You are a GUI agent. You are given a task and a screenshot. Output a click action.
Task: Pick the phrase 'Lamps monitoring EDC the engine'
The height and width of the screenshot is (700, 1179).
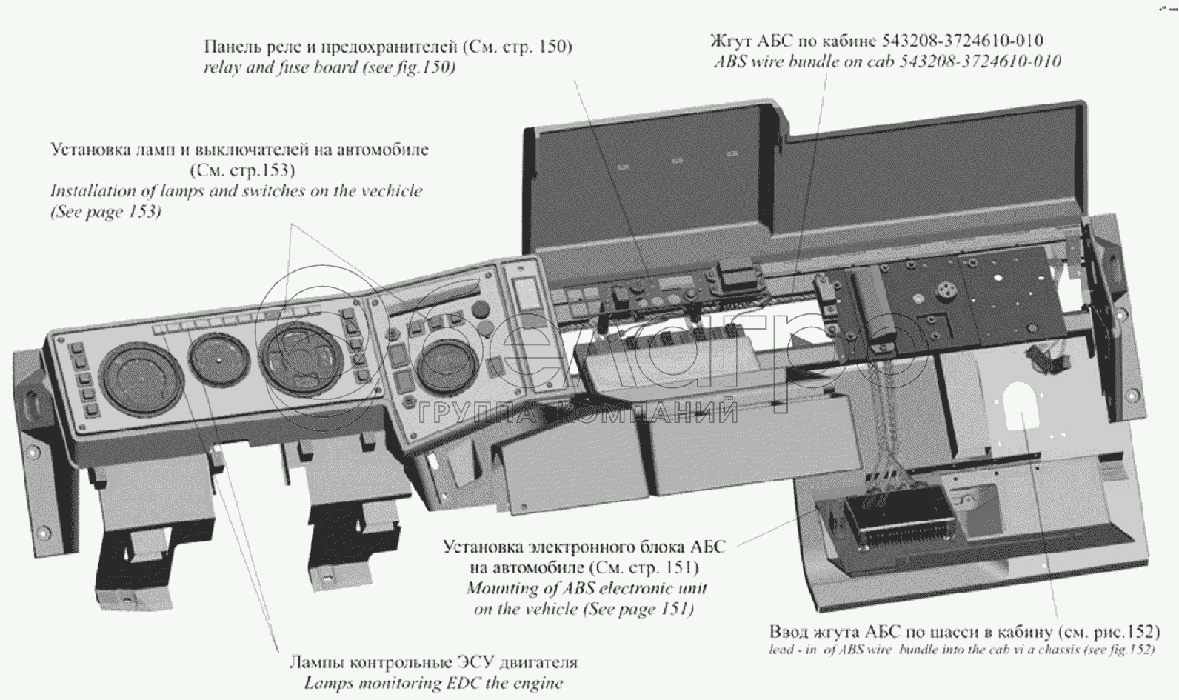(x=433, y=683)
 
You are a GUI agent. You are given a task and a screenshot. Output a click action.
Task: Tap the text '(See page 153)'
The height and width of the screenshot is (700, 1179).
(x=105, y=212)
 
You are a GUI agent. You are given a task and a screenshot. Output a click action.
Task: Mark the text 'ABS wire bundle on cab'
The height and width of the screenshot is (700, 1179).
(x=804, y=61)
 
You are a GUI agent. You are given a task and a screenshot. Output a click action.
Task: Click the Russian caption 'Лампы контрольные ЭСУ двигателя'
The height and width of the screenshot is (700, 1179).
(x=433, y=661)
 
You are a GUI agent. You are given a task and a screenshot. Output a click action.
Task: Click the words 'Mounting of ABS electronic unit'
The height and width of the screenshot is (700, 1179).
(x=587, y=589)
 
